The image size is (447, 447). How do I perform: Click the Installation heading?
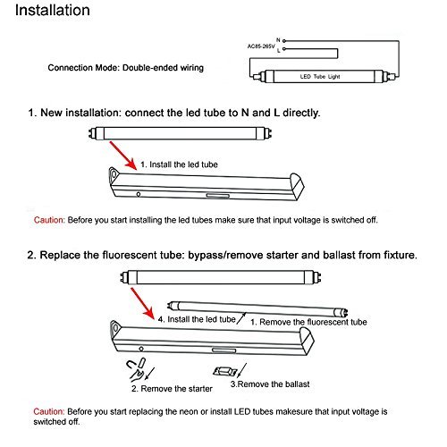[x=53, y=11]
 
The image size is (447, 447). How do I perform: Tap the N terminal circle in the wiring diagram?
[x=284, y=40]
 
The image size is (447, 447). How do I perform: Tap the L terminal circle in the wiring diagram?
[x=284, y=48]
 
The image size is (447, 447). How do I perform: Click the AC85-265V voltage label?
[x=261, y=46]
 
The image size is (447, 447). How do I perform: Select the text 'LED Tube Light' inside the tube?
[x=320, y=77]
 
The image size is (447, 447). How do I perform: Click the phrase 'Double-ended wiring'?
[x=163, y=68]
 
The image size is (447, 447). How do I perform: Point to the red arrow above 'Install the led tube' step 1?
[x=123, y=156]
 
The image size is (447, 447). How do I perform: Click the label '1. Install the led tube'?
[x=179, y=164]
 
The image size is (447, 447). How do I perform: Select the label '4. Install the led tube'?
[x=197, y=319]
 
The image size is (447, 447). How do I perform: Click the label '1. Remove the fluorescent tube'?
[x=308, y=322]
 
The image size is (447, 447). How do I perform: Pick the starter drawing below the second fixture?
[x=136, y=369]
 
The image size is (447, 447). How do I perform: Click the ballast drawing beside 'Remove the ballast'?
[x=225, y=371]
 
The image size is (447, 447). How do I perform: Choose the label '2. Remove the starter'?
[x=172, y=389]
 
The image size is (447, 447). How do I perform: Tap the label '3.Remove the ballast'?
[x=270, y=384]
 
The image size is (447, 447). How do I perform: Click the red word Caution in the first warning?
[x=49, y=220]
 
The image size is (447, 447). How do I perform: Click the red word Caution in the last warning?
[x=49, y=412]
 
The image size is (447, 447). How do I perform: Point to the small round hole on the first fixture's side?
[x=139, y=194]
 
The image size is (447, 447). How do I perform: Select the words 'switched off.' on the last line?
[x=56, y=422]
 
